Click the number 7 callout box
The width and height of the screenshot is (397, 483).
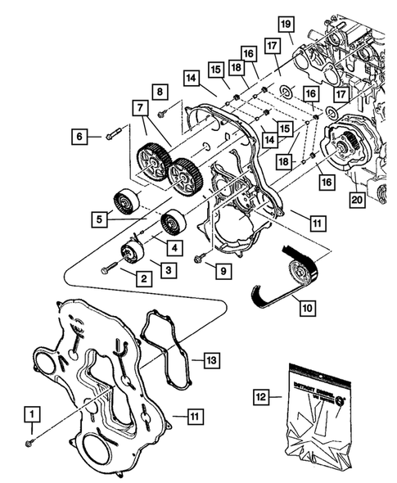[x=139, y=108]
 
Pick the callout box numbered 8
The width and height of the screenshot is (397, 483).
[x=160, y=92]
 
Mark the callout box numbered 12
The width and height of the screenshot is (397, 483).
[x=260, y=398]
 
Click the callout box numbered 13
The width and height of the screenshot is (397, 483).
[x=210, y=359]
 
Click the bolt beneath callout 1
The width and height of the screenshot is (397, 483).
[x=30, y=442]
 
